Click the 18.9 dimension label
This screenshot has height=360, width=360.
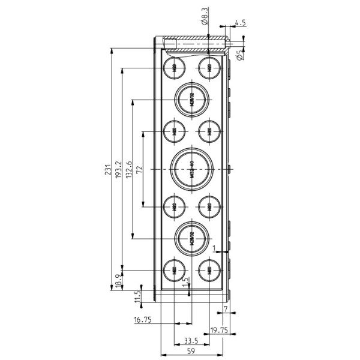118,279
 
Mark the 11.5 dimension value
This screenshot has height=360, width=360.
137,296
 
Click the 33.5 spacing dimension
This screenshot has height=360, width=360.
191,341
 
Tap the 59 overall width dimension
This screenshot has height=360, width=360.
191,352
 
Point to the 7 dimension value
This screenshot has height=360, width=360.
225,308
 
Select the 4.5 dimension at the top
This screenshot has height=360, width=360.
240,22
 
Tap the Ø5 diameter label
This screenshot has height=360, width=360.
239,55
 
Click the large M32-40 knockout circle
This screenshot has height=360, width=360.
191,170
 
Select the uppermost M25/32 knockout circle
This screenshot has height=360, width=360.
191,99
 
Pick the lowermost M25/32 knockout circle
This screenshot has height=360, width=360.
191,238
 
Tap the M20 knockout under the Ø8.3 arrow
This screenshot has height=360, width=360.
209,67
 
